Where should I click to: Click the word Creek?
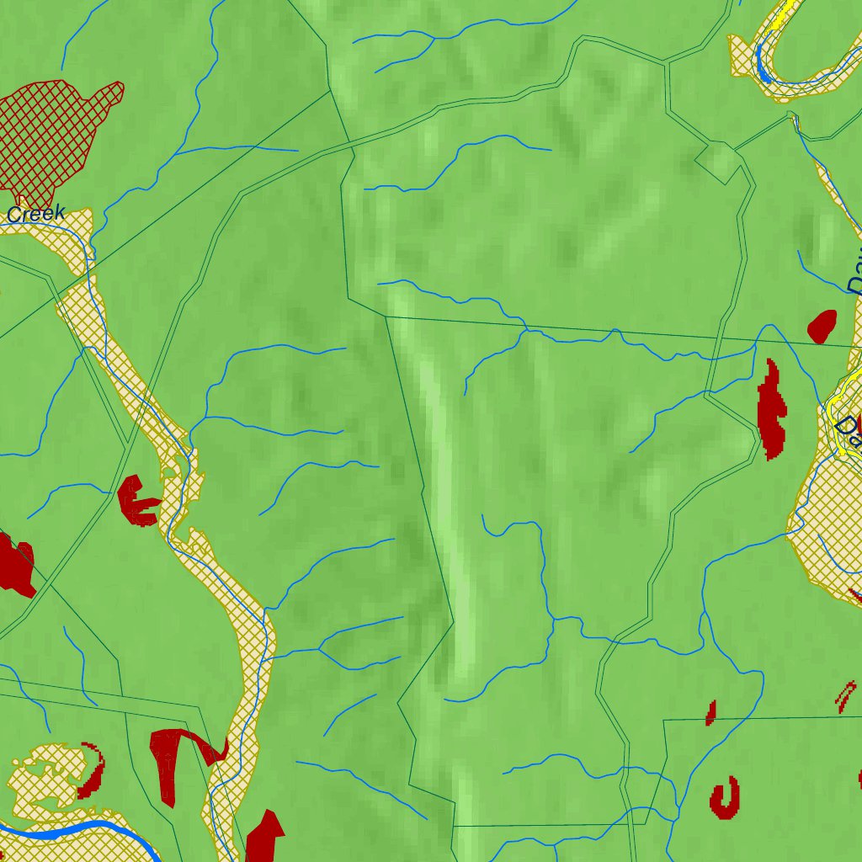click(35, 214)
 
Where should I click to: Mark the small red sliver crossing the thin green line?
click(710, 712)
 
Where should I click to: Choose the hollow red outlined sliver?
click(843, 695)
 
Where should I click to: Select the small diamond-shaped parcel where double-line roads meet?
click(716, 162)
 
